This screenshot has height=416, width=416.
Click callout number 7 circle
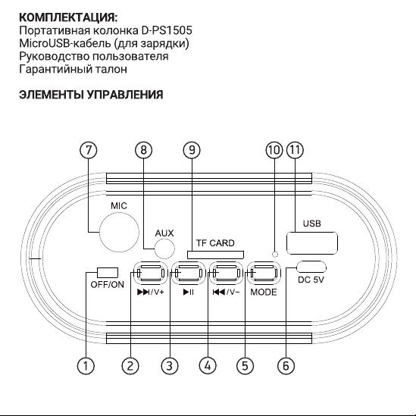click(x=89, y=150)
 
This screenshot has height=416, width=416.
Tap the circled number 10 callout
click(x=274, y=150)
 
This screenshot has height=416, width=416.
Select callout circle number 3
click(x=170, y=366)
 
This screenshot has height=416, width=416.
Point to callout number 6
click(x=286, y=366)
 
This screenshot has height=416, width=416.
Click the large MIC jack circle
click(x=120, y=232)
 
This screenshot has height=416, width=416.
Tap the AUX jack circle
click(x=164, y=249)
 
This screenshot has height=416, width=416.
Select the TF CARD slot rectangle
click(x=215, y=255)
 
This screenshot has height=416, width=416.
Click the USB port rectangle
click(x=312, y=243)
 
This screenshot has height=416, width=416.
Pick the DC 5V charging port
click(x=311, y=267)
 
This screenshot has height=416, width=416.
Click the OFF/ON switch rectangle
click(x=108, y=273)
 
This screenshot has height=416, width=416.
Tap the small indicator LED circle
click(x=275, y=254)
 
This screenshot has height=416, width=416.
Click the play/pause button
click(x=189, y=273)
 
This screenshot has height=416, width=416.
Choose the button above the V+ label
click(x=151, y=273)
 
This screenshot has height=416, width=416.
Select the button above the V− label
click(x=226, y=273)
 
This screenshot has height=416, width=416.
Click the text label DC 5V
click(x=311, y=280)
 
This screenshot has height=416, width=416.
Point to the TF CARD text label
click(x=215, y=243)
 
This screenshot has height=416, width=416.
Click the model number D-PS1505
click(x=167, y=30)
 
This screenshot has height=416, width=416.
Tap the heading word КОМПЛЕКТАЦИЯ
click(x=68, y=17)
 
